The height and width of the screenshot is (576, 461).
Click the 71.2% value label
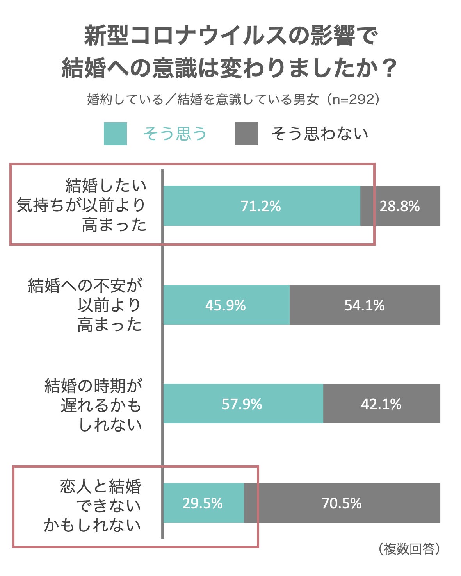pyautogui.click(x=261, y=206)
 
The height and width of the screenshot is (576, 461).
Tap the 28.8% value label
pyautogui.click(x=399, y=206)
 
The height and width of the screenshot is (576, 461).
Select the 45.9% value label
pyautogui.click(x=226, y=305)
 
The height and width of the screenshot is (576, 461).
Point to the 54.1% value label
pyautogui.click(x=365, y=305)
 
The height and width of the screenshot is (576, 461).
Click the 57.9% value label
pyautogui.click(x=242, y=404)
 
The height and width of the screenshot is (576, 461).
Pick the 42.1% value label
pyautogui.click(x=381, y=404)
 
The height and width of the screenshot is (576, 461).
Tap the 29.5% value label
pyautogui.click(x=203, y=503)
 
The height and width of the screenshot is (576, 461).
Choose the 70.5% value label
pyautogui.click(x=342, y=503)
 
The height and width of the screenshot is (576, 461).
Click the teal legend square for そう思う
pyautogui.click(x=115, y=134)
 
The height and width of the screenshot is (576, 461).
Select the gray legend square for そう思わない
pyautogui.click(x=246, y=134)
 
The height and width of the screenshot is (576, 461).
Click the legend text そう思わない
pyautogui.click(x=320, y=134)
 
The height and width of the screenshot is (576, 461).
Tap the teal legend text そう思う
pyautogui.click(x=175, y=134)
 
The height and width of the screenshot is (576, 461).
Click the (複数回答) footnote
pyautogui.click(x=409, y=549)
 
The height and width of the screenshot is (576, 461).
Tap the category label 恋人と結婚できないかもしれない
pyautogui.click(x=94, y=506)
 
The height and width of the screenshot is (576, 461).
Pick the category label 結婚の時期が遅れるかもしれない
pyautogui.click(x=94, y=405)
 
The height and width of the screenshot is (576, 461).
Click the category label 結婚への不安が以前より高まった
pyautogui.click(x=86, y=305)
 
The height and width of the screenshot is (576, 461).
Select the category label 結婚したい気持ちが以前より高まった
pyautogui.click(x=82, y=205)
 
